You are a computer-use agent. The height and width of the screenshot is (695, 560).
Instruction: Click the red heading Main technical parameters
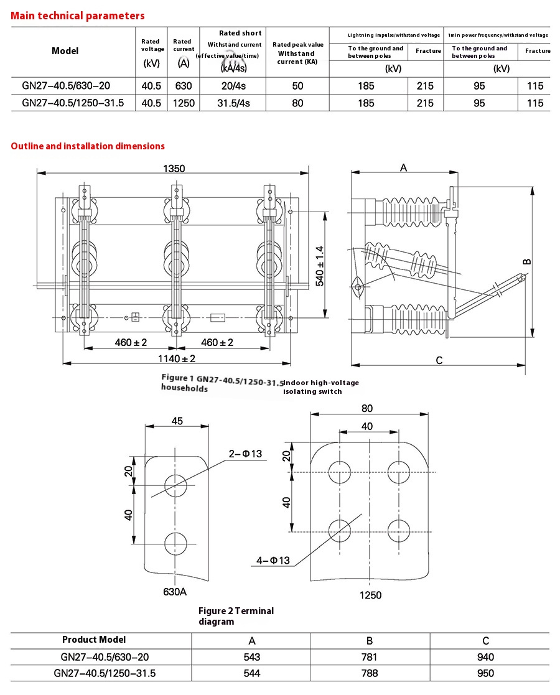click(x=78, y=16)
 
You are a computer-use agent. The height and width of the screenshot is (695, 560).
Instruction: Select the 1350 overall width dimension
click(x=174, y=168)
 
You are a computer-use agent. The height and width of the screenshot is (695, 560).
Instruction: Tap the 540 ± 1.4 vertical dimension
click(x=320, y=265)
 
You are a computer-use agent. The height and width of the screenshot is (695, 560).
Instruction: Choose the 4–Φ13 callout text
click(x=273, y=561)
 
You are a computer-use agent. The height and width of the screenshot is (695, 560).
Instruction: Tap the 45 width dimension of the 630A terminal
click(x=177, y=421)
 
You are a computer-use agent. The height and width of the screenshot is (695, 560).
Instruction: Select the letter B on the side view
click(x=526, y=261)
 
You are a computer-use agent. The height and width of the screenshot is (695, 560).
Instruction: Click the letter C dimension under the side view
click(x=439, y=360)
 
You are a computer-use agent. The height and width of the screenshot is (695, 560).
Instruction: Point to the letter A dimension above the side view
click(x=403, y=167)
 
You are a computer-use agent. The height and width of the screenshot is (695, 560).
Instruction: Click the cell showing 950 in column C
click(x=485, y=673)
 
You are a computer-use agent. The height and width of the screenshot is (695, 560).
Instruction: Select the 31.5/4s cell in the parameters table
click(x=232, y=103)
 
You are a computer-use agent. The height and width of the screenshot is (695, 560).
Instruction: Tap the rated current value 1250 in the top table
click(x=184, y=103)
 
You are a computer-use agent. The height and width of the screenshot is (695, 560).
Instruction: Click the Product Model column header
click(x=94, y=640)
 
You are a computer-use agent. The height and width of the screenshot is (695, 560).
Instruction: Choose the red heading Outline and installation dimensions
click(x=88, y=146)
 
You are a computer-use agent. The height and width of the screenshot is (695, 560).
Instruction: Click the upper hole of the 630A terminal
click(x=175, y=484)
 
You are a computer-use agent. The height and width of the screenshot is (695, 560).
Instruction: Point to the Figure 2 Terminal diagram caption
click(x=236, y=616)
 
